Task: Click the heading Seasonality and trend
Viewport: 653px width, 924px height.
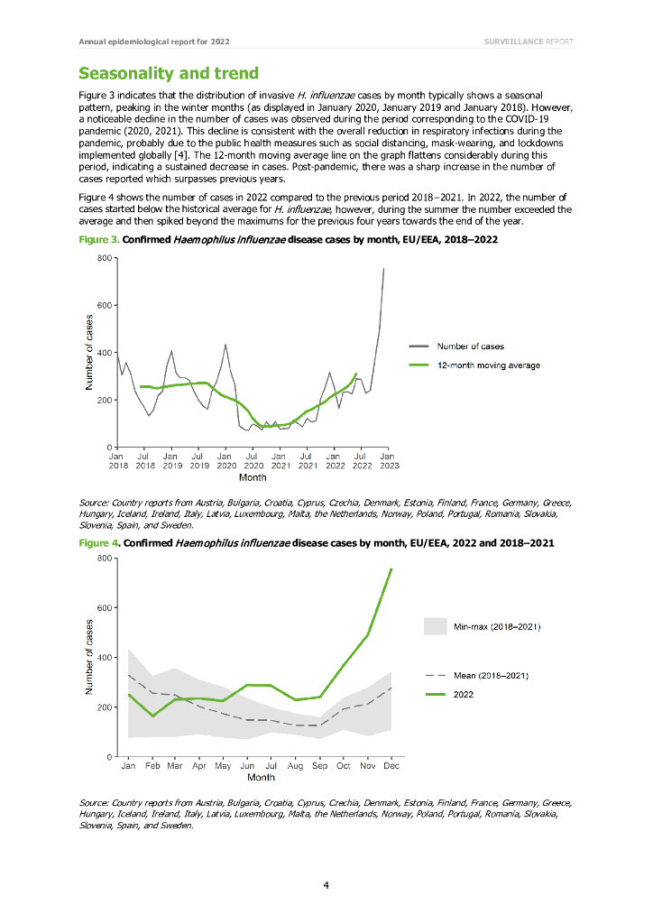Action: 169,73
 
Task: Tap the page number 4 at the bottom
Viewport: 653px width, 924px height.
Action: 326,884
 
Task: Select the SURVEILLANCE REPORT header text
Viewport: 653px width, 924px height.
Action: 528,42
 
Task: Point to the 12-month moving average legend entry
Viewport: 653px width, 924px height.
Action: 488,365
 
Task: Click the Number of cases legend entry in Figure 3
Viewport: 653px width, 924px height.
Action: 470,346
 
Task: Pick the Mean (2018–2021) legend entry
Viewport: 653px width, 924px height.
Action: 492,675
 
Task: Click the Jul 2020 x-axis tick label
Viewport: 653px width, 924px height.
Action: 253,461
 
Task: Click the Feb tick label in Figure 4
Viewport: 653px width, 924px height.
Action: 152,766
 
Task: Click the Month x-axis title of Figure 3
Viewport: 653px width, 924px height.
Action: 253,477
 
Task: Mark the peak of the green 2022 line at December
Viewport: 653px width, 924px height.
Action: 391,568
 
